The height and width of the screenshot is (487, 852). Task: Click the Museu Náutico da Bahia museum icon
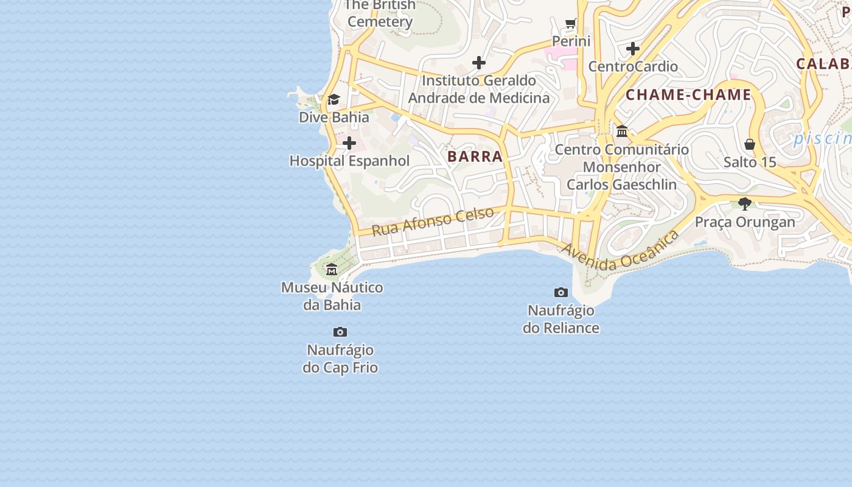[x=332, y=269]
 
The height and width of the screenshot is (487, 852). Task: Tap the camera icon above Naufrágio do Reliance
[x=560, y=292]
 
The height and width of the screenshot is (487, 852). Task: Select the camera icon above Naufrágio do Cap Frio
[x=340, y=332]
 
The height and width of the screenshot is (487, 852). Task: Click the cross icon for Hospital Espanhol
[x=349, y=143]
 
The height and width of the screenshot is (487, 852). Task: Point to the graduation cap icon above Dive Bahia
[x=333, y=99]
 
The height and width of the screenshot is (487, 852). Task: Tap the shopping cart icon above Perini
[x=571, y=24]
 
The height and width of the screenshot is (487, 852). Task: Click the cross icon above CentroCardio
[x=633, y=48]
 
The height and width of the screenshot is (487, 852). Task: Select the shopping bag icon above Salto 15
[x=750, y=144]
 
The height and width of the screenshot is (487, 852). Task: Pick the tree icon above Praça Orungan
[x=744, y=203]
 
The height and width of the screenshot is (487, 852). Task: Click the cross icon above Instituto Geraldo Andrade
[x=479, y=62]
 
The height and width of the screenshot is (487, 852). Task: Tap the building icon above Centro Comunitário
[x=622, y=131]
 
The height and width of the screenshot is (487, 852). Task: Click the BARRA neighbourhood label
[x=475, y=156]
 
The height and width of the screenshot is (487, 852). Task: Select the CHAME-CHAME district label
[x=688, y=95]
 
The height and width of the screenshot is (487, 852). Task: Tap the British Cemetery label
[x=380, y=13]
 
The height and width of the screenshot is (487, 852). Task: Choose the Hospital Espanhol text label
[x=349, y=161]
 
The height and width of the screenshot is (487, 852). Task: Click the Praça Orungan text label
[x=745, y=222]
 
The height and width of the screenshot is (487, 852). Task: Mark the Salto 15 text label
[x=750, y=163]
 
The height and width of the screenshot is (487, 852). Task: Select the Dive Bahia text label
[x=334, y=117]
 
